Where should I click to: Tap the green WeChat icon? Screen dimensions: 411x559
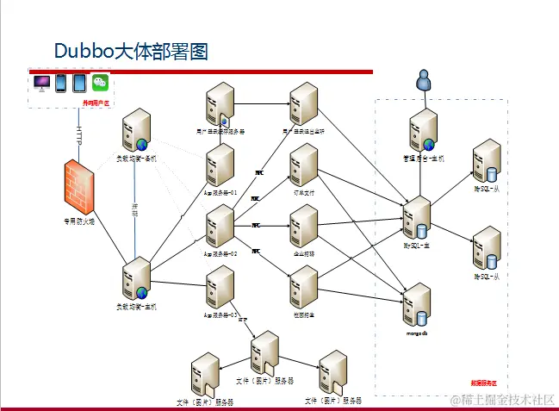click(102, 84)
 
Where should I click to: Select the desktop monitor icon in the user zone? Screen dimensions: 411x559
click(41, 84)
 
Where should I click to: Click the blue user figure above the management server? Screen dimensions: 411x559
click(422, 81)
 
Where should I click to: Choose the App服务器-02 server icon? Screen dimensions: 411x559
click(220, 227)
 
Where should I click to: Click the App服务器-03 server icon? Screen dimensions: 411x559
click(220, 288)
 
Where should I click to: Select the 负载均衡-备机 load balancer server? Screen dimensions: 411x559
click(137, 132)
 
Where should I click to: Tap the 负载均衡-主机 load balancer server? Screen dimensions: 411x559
click(137, 279)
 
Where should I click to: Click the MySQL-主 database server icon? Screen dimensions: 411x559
click(418, 219)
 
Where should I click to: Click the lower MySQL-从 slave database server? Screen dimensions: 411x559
click(487, 249)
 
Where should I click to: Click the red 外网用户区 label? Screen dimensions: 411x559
click(96, 102)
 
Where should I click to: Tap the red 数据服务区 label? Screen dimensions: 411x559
click(483, 382)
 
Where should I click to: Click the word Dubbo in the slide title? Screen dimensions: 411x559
click(84, 51)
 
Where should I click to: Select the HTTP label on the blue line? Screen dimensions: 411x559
click(78, 135)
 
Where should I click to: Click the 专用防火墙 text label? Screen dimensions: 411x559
click(80, 220)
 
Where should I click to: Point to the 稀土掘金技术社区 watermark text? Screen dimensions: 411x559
click(503, 399)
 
